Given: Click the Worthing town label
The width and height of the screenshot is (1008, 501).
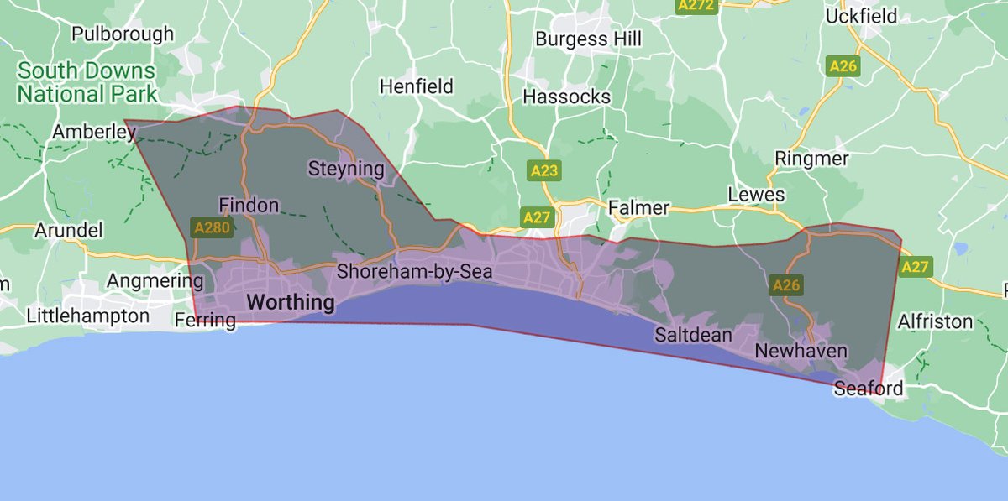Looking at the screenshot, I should tap(290, 301).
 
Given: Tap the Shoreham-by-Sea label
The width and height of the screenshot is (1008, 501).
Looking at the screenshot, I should tap(414, 273).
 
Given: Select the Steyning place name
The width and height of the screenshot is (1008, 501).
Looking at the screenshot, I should tap(346, 169).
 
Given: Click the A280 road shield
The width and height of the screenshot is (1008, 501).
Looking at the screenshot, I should tap(212, 227).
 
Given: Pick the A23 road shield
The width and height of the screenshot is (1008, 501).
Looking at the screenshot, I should tap(544, 171).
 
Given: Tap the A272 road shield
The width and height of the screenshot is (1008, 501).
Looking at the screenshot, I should tap(696, 5).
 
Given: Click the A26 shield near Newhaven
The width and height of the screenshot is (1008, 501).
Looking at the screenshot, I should tap(786, 285).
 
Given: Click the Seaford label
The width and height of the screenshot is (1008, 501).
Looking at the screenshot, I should tap(869, 388).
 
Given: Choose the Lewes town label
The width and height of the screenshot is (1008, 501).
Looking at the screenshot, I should tap(756, 195).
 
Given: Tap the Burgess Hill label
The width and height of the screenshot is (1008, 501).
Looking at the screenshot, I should tap(588, 39).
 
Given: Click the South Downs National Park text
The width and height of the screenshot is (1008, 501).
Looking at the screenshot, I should tap(87, 82).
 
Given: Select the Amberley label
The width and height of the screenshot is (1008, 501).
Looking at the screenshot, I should tap(93, 132).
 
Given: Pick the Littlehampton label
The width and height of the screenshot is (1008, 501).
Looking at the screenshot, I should tap(87, 316).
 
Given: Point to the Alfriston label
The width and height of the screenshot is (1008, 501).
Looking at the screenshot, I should tap(935, 321).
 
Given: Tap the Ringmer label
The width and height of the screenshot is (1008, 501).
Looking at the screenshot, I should tap(811, 158).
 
